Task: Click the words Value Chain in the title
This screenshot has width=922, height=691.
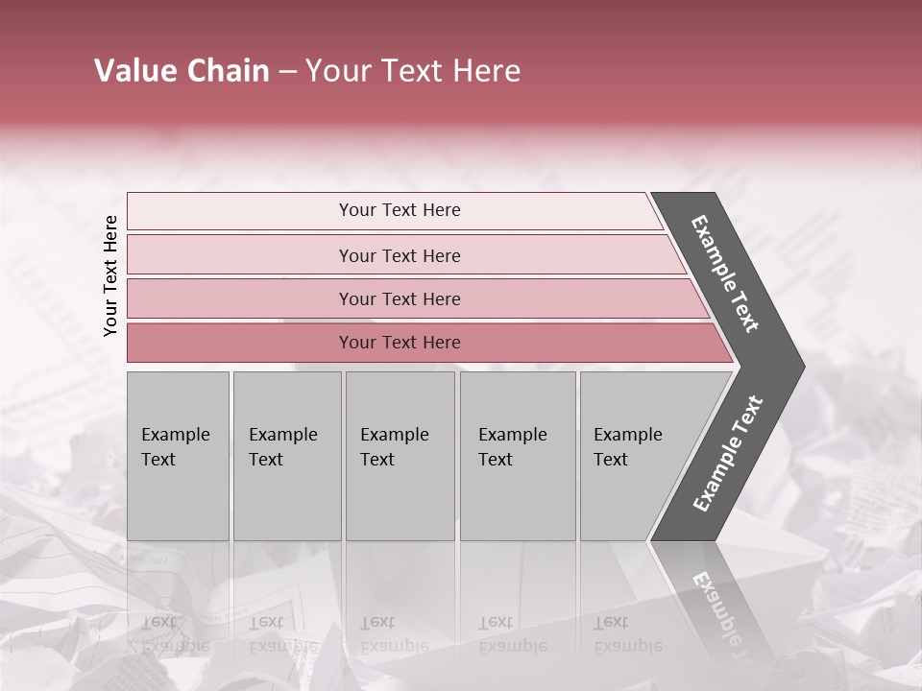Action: pyautogui.click(x=182, y=71)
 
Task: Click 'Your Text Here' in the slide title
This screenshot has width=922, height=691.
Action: pyautogui.click(x=413, y=71)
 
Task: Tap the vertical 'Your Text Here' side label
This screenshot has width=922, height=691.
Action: pyautogui.click(x=110, y=275)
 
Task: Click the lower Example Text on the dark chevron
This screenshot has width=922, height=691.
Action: pyautogui.click(x=727, y=453)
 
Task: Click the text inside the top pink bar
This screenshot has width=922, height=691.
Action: pyautogui.click(x=400, y=210)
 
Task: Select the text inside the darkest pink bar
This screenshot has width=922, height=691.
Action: pyautogui.click(x=400, y=343)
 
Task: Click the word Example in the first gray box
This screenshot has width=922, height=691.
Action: pyautogui.click(x=175, y=435)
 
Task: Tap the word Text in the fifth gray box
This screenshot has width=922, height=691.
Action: pyautogui.click(x=610, y=460)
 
